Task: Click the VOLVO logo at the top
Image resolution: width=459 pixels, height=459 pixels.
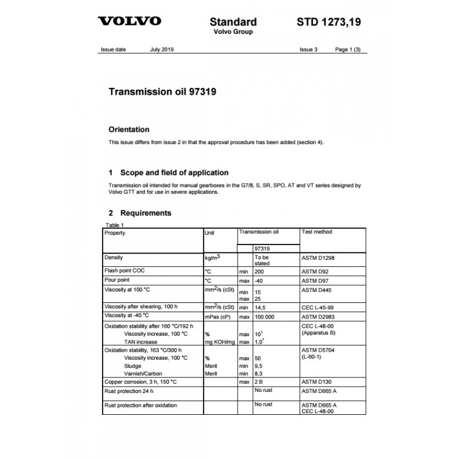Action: [x=130, y=22]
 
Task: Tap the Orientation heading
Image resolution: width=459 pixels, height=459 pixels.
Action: [x=129, y=130]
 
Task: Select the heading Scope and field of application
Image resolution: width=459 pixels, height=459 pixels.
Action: [x=168, y=173]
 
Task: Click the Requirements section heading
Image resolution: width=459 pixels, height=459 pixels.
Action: [x=145, y=213]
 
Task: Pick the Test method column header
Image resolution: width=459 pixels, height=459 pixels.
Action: [x=317, y=232]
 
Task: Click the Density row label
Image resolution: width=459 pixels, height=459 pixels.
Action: [x=114, y=258]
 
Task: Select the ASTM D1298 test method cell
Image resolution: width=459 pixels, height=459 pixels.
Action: [x=318, y=258]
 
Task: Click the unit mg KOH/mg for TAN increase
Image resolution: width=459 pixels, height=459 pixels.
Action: [x=219, y=341]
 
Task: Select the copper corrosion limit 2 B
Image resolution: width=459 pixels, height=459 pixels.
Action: [x=259, y=382]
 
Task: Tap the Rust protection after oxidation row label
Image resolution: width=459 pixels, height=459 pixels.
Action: [x=140, y=406]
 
